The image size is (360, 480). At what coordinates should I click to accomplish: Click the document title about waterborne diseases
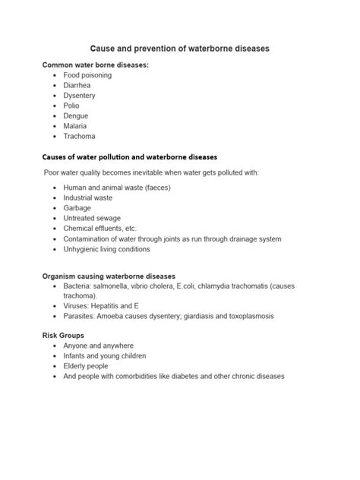[x=180, y=49]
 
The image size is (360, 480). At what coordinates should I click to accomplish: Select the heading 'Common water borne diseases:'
[x=95, y=65]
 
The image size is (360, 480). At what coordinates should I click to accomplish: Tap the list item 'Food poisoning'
[x=87, y=77]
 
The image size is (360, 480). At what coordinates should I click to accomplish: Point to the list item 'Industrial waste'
[x=88, y=197]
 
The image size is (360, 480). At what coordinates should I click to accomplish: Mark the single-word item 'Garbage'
[x=77, y=207]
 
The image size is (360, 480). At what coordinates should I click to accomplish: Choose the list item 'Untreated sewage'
[x=93, y=217]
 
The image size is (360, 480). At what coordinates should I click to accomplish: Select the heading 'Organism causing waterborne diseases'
[x=109, y=276]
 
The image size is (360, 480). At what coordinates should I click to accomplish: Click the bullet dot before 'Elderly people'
[x=54, y=365]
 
